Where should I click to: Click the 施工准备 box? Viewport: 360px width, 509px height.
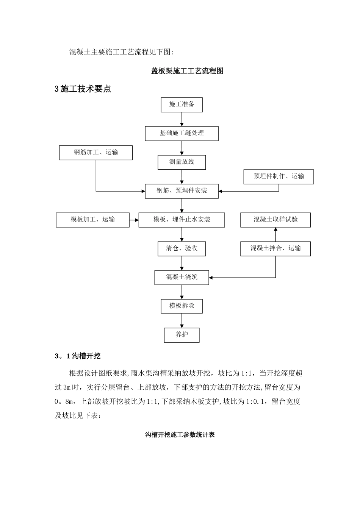click(x=182, y=105)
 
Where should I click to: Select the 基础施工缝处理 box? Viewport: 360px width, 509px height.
click(x=182, y=133)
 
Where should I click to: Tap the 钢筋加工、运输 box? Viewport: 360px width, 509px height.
click(x=96, y=153)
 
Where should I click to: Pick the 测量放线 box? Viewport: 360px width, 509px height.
click(x=182, y=162)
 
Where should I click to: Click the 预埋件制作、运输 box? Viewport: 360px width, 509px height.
click(x=279, y=176)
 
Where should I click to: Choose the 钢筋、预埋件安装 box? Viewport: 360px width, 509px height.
click(x=182, y=191)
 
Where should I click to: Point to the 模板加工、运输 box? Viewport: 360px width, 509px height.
click(x=92, y=220)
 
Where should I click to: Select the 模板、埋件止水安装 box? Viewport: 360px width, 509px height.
click(x=182, y=220)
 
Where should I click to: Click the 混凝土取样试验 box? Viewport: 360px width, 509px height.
click(x=275, y=220)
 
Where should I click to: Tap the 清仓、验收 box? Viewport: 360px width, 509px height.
click(x=182, y=248)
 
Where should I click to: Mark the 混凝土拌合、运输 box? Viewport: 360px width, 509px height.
click(x=275, y=248)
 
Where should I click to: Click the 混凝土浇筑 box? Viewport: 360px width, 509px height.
click(x=182, y=277)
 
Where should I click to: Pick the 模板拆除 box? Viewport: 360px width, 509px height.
click(x=182, y=306)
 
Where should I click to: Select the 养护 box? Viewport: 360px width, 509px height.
click(x=182, y=335)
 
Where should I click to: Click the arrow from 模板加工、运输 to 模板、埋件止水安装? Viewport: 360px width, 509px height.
click(x=134, y=220)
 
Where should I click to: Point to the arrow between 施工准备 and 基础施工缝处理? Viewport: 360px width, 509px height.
click(x=182, y=119)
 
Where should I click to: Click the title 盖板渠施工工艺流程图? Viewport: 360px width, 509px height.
click(x=187, y=71)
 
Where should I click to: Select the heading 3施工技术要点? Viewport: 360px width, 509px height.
click(x=83, y=89)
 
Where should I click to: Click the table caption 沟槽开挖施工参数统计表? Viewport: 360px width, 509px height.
click(x=180, y=435)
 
